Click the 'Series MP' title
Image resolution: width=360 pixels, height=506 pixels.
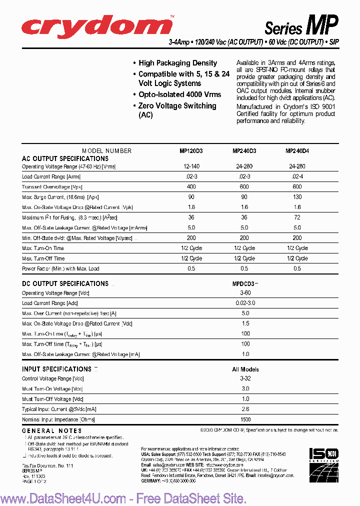(301, 25)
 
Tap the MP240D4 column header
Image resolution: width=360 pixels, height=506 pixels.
(297, 150)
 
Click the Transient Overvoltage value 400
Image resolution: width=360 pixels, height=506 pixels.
(191, 186)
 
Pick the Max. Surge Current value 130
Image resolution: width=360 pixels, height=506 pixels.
(297, 197)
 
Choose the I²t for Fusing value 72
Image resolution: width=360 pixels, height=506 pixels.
(297, 217)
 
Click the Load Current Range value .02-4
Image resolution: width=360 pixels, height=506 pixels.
(297, 176)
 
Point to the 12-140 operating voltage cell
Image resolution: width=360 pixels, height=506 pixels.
(191, 166)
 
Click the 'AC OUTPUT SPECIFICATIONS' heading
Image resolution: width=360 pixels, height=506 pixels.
(65, 158)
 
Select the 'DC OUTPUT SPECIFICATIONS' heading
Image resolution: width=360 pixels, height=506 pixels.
(65, 283)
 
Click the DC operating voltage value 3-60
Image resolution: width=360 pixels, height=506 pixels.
(245, 292)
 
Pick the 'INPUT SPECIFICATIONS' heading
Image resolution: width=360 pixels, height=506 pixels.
(56, 369)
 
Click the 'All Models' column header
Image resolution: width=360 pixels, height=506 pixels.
(245, 369)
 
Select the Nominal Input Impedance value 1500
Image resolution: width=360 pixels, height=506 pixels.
(245, 419)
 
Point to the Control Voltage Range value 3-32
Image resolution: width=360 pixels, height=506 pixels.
(245, 378)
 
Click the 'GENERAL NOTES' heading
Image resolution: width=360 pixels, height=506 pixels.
(52, 430)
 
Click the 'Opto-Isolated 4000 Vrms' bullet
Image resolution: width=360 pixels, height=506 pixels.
(179, 94)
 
